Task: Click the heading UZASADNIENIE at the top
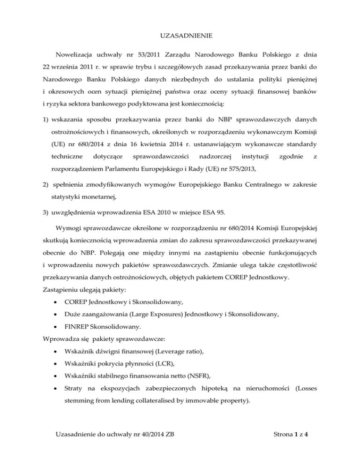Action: click(x=180, y=35)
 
